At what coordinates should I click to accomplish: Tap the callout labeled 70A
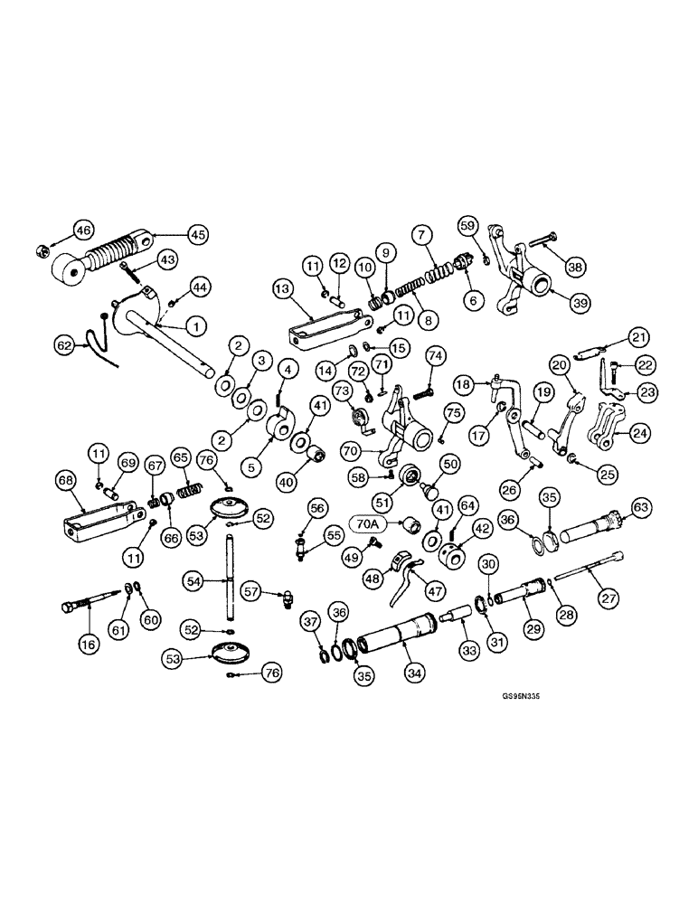pos(369,522)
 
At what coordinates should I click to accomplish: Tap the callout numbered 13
pos(281,288)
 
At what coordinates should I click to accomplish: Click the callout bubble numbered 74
pos(435,355)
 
